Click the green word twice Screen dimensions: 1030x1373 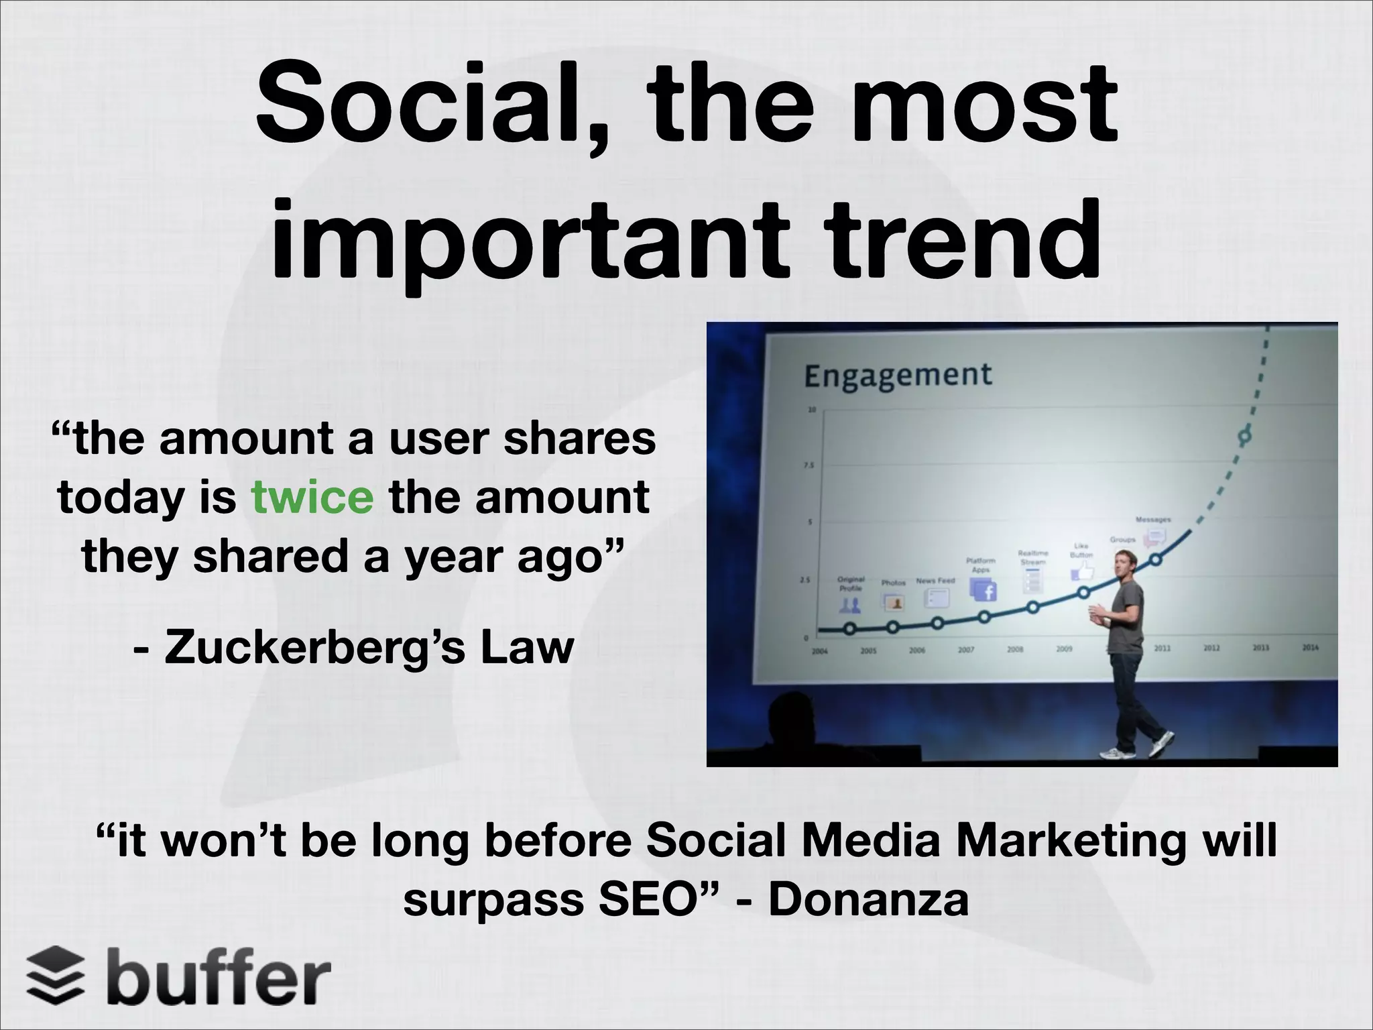(x=312, y=498)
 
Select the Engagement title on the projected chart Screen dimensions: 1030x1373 (x=898, y=375)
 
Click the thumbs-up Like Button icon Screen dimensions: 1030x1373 (x=1081, y=572)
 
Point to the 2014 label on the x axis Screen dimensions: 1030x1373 (x=1310, y=648)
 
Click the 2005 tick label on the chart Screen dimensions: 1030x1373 (x=868, y=650)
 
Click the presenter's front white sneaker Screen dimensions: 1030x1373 (x=1114, y=753)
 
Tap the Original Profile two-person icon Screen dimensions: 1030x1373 (x=851, y=606)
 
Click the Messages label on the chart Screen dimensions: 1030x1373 (x=1152, y=520)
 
